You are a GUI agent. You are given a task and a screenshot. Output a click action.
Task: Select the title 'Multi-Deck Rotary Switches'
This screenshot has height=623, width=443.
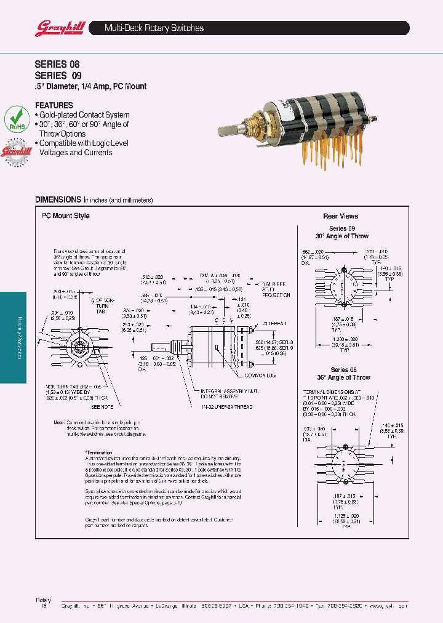pos(154,28)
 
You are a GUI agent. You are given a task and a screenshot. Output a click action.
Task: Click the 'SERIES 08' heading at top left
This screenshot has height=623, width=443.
pos(57,64)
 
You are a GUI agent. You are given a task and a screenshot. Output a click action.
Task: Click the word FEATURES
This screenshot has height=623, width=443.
pos(54,105)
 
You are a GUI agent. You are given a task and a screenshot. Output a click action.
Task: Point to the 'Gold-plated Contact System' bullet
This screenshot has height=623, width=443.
pos(84,115)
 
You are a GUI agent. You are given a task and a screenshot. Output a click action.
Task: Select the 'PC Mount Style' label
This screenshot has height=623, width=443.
pos(65,216)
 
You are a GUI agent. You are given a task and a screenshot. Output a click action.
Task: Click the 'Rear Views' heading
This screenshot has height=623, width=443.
pos(340,216)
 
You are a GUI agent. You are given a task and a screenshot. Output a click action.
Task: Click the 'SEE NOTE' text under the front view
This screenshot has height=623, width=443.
pos(102,407)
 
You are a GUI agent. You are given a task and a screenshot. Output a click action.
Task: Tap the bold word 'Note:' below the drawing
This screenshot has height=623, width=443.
pos(59,423)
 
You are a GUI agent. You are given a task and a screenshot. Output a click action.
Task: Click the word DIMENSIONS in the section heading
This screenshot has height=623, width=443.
pos(58,200)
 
